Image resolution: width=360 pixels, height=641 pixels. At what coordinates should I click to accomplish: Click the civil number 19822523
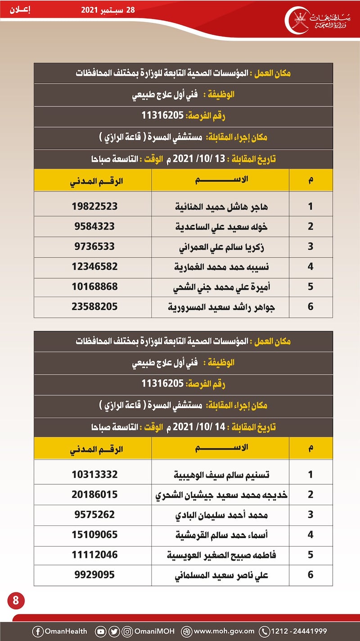(x=94, y=206)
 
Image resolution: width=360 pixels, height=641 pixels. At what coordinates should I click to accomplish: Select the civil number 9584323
(x=94, y=226)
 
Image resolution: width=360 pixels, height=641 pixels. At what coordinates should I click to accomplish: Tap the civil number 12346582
(x=94, y=266)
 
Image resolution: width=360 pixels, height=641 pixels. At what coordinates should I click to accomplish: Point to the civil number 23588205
(x=94, y=307)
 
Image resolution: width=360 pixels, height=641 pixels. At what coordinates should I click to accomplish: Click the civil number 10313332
(x=94, y=474)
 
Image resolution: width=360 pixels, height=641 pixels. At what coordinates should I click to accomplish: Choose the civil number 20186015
(x=94, y=494)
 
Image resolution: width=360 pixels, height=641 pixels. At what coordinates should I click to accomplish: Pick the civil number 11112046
(x=94, y=555)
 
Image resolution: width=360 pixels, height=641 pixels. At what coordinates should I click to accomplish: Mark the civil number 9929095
(x=94, y=575)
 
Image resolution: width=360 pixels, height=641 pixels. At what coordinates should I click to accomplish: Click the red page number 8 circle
(x=16, y=601)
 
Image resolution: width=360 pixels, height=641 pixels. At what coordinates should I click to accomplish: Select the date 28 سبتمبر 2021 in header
(x=108, y=10)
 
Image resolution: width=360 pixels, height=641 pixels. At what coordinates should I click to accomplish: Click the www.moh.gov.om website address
(x=224, y=631)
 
